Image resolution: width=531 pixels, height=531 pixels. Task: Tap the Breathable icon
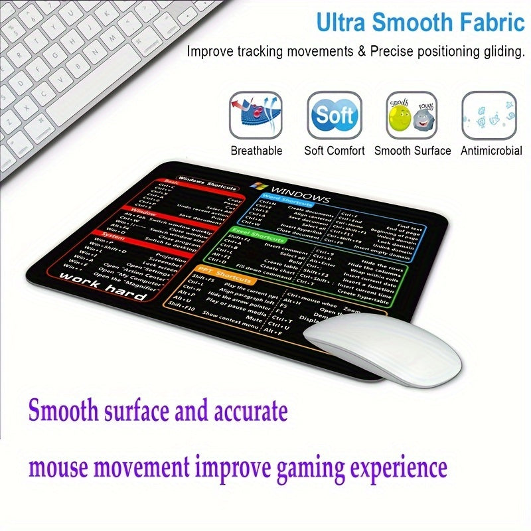tap(256, 115)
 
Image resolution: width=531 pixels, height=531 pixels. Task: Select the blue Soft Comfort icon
tap(334, 115)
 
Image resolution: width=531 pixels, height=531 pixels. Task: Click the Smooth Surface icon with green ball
tap(412, 115)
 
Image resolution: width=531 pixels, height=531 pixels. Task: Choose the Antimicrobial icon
tap(489, 115)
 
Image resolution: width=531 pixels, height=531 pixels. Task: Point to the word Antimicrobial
tap(492, 151)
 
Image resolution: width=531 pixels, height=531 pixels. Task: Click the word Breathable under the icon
tap(256, 151)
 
